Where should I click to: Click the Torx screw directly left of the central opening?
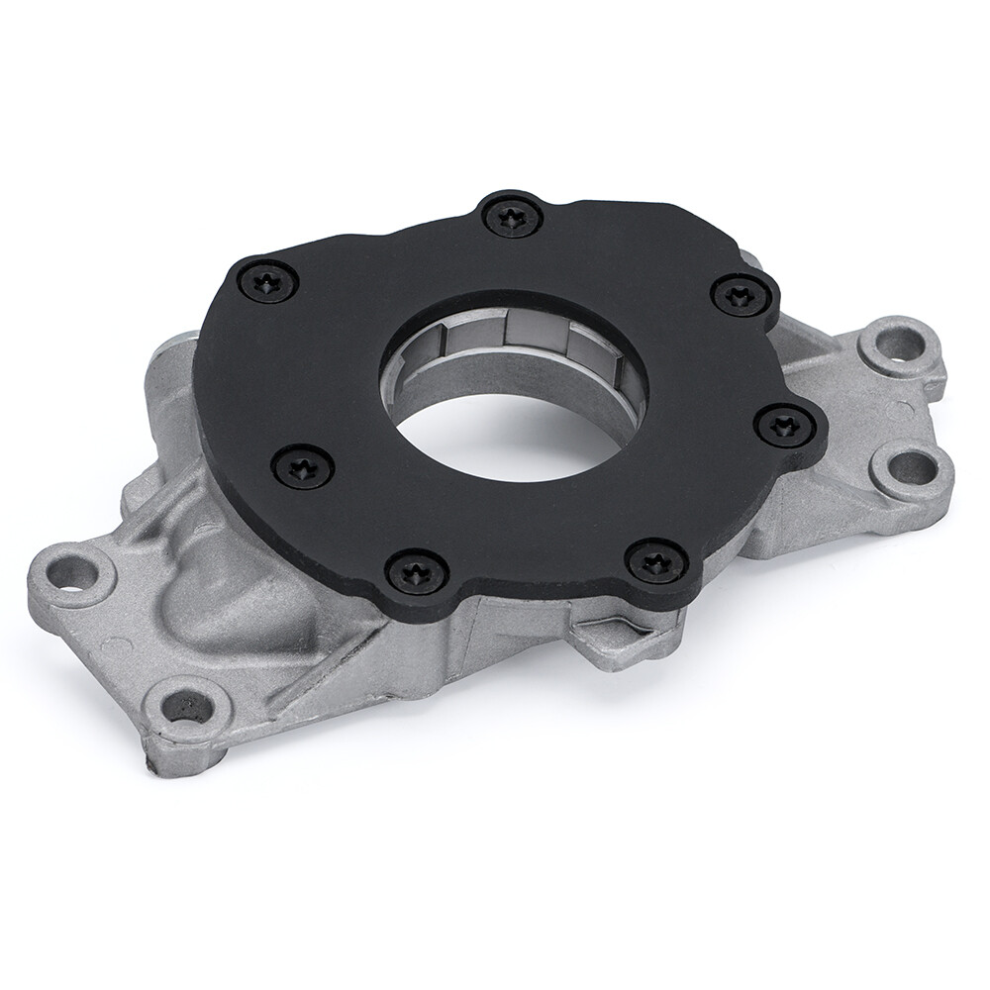click(301, 464)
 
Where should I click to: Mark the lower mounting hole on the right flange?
click(909, 466)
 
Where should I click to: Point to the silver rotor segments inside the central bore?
click(515, 337)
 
